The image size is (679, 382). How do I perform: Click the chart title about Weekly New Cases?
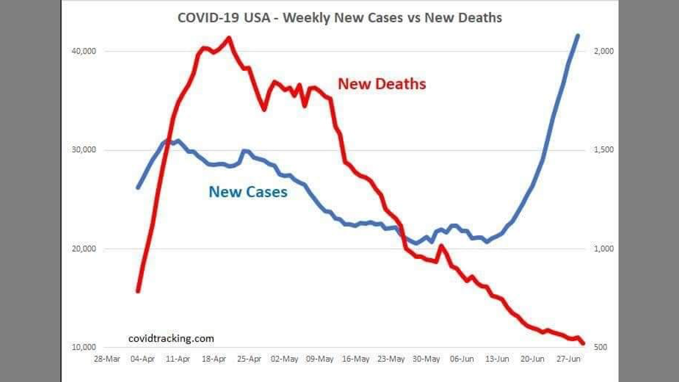click(339, 18)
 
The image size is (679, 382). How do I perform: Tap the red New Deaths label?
click(382, 84)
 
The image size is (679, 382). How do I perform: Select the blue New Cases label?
click(248, 192)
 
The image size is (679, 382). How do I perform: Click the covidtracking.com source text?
click(171, 338)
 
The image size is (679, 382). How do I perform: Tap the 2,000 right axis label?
click(603, 51)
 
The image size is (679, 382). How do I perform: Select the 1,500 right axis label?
click(603, 150)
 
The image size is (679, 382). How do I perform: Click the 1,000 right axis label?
click(603, 249)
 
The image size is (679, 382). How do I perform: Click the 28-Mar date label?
click(107, 359)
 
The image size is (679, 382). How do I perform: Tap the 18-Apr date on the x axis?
click(213, 359)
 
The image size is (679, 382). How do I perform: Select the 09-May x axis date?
click(320, 359)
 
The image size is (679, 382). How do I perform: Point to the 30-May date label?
click(426, 359)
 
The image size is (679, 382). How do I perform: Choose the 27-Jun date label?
click(568, 359)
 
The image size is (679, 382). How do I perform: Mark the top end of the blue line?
click(578, 36)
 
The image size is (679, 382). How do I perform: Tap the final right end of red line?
click(583, 343)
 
